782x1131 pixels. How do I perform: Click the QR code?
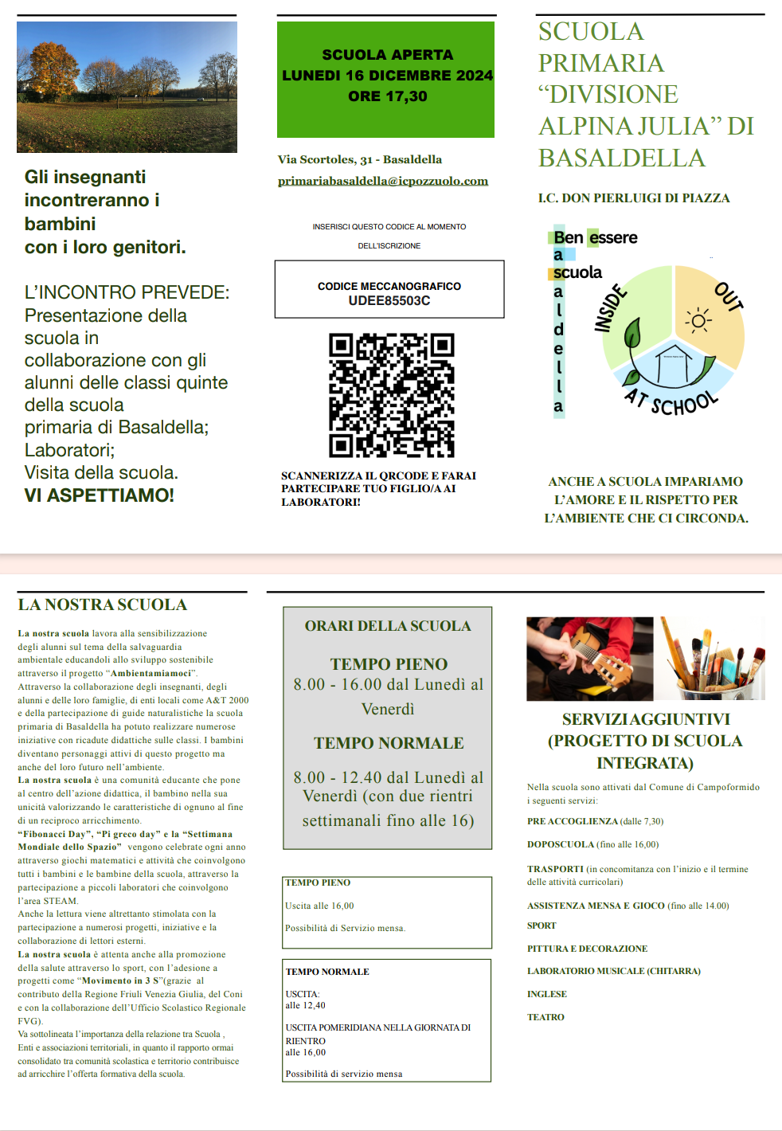point(391,395)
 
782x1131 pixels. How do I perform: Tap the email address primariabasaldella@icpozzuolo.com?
point(382,181)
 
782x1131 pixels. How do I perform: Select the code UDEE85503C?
point(389,301)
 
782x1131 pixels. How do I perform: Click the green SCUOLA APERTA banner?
point(385,80)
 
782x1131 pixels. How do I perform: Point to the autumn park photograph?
point(127,87)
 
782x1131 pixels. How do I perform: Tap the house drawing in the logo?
point(674,362)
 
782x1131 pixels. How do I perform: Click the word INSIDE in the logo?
point(611,310)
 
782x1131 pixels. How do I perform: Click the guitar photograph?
point(589,658)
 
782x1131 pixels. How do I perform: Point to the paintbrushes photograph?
point(713,658)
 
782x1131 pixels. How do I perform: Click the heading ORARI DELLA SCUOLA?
point(388,626)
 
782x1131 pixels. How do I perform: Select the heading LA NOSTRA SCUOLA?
point(103,605)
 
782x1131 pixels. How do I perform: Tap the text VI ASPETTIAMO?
point(100,495)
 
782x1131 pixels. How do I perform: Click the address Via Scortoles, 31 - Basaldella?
point(360,159)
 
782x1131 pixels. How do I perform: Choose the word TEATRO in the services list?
point(545,1017)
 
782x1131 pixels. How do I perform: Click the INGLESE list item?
point(547,994)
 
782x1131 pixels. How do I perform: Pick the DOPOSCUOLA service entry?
point(561,844)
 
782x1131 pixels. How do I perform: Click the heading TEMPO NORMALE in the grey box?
point(389,743)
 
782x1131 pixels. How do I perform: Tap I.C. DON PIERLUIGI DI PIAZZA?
point(634,198)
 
